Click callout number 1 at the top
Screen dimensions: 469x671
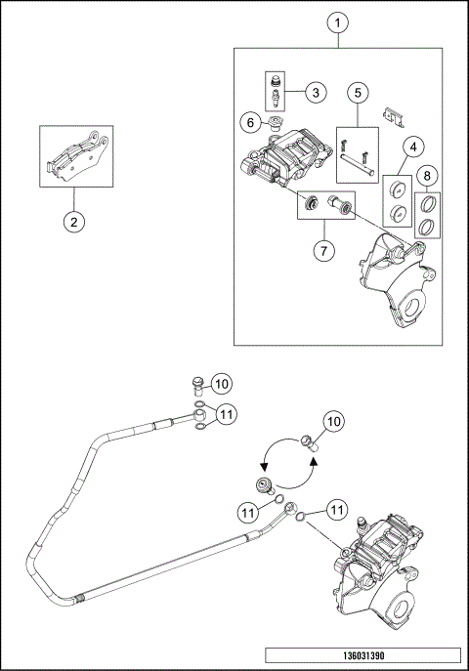pyautogui.click(x=338, y=22)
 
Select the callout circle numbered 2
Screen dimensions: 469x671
pyautogui.click(x=74, y=222)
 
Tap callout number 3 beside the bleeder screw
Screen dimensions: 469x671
pyautogui.click(x=316, y=92)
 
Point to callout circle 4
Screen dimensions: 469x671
pyautogui.click(x=413, y=147)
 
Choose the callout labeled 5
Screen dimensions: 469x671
pyautogui.click(x=358, y=92)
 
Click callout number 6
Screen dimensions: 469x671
pyautogui.click(x=250, y=123)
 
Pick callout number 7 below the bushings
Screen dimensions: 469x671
pyautogui.click(x=323, y=250)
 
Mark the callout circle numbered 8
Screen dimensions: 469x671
pyautogui.click(x=428, y=175)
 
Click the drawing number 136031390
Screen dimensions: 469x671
pyautogui.click(x=363, y=655)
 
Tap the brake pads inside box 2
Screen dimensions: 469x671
pyautogui.click(x=77, y=157)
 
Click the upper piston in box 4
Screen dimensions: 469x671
pyautogui.click(x=398, y=189)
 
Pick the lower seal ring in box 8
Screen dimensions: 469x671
pyautogui.click(x=426, y=227)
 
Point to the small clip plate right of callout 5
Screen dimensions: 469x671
pyautogui.click(x=393, y=117)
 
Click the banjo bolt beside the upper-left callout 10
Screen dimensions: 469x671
pyautogui.click(x=197, y=387)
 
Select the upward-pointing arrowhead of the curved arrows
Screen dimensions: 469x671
pyautogui.click(x=314, y=460)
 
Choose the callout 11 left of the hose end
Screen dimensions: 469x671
pyautogui.click(x=248, y=513)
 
